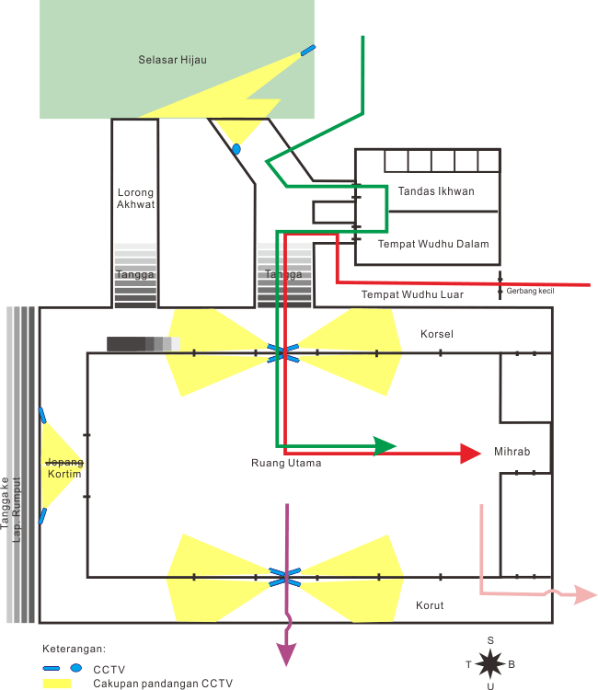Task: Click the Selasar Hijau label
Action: [172, 60]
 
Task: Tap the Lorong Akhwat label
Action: [135, 199]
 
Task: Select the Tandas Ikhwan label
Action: [436, 191]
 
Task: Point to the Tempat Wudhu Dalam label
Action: [433, 244]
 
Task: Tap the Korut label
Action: [429, 605]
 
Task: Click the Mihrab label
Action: [512, 452]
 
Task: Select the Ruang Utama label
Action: [286, 463]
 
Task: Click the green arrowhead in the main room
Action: [385, 446]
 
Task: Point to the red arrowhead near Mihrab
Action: [470, 453]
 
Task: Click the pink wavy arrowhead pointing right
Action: [585, 594]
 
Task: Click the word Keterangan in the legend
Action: [75, 649]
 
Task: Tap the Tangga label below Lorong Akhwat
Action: [134, 274]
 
